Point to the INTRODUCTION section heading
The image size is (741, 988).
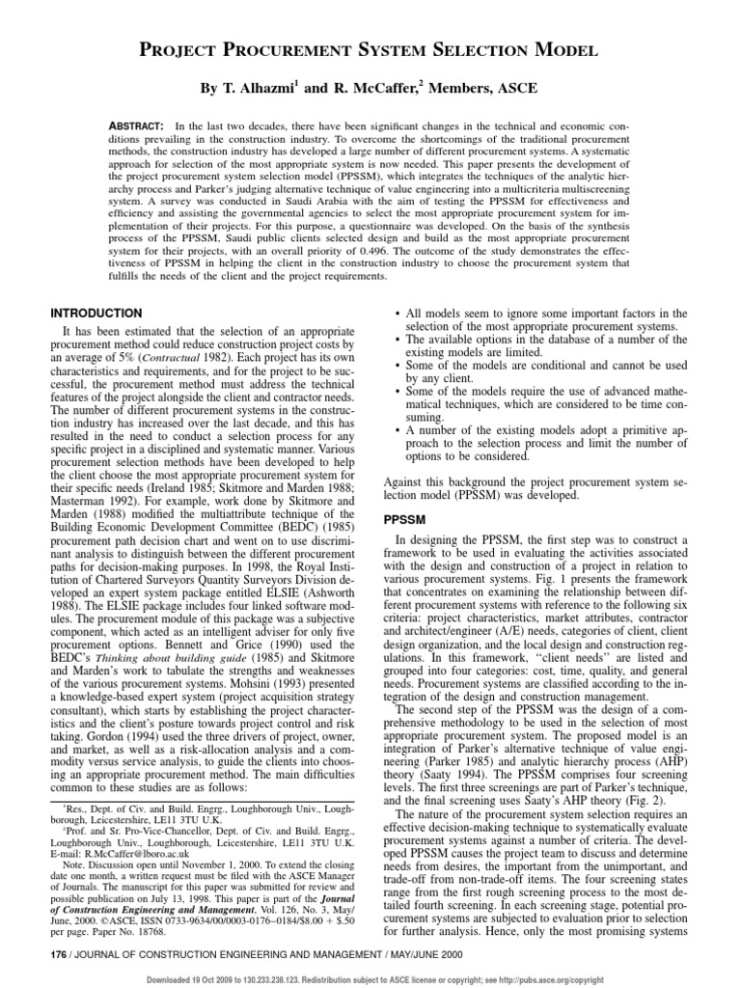96,313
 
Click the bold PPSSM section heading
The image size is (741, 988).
403,518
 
